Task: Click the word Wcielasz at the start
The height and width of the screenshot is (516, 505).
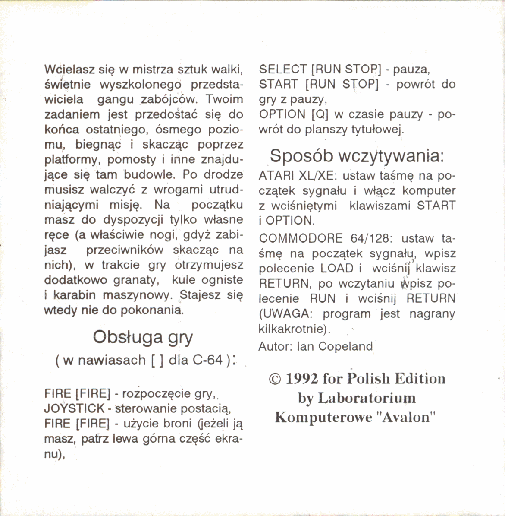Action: point(65,70)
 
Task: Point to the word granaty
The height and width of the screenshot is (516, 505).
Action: point(136,280)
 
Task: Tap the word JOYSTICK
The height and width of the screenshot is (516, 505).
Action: point(75,408)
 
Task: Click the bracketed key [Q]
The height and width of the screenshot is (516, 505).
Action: point(320,115)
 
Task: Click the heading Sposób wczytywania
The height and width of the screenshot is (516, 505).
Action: point(357,156)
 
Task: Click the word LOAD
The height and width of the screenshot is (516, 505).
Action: point(337,269)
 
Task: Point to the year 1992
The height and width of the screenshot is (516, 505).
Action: point(301,379)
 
